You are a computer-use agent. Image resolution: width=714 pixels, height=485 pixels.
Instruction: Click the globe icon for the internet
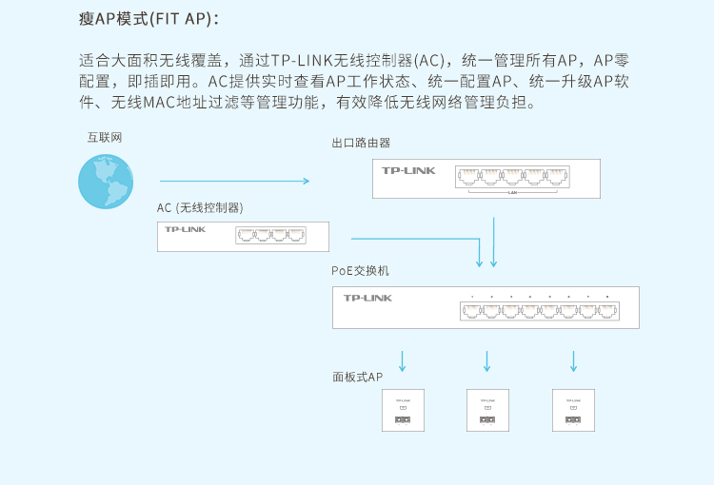pos(106,182)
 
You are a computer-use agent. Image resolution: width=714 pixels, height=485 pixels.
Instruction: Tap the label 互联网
pos(105,138)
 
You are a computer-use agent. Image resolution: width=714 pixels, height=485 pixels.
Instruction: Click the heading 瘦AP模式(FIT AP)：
pos(154,19)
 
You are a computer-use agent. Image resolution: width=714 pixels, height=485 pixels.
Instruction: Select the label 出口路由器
pos(361,144)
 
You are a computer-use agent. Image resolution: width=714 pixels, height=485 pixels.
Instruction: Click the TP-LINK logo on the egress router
pos(408,170)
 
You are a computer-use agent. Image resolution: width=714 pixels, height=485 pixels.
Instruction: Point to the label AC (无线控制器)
pos(200,208)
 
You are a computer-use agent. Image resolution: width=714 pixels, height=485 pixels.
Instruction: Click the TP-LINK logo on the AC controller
pos(185,229)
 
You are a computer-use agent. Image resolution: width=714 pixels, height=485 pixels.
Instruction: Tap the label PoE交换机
pos(360,271)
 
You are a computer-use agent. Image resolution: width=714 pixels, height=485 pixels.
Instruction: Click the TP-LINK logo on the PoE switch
pos(367,299)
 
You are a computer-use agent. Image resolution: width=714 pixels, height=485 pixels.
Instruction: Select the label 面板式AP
pos(357,378)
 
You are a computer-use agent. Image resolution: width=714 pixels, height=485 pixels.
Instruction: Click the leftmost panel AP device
pos(403,411)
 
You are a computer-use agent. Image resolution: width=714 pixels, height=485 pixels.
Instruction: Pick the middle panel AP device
pos(487,411)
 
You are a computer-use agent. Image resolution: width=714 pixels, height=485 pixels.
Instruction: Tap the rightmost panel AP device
pos(573,411)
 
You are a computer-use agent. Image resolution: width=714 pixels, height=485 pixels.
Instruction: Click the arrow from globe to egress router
pos(234,181)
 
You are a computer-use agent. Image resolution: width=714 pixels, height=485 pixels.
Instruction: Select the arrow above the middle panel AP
pos(487,360)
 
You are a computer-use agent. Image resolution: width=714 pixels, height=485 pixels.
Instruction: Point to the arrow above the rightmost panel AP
pos(573,360)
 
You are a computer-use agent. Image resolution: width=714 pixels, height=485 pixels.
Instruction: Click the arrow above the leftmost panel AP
pos(403,360)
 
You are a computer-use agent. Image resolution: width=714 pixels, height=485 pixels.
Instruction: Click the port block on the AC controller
pos(271,235)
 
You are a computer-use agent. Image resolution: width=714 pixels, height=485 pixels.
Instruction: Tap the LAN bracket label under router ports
pos(512,192)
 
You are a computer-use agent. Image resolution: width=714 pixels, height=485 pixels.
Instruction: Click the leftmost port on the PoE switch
pos(472,310)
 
